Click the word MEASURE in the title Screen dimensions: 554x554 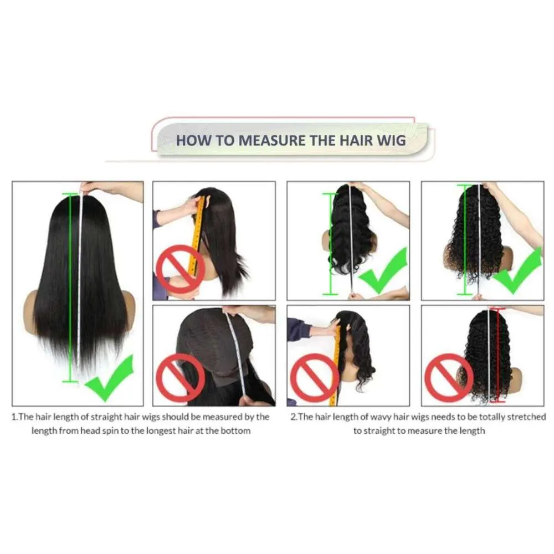[x=271, y=140]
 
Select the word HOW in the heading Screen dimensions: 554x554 [x=193, y=140]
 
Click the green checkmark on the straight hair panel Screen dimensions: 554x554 [x=110, y=377]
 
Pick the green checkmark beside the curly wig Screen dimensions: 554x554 [x=518, y=271]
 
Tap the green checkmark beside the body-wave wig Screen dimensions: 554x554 [x=383, y=271]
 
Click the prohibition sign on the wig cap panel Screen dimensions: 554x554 [x=181, y=378]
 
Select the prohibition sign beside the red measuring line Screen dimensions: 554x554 [x=449, y=378]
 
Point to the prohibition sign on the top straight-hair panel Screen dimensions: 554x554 [x=181, y=269]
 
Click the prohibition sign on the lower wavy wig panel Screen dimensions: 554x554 [x=315, y=378]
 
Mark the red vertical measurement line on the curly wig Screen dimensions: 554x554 [x=498, y=355]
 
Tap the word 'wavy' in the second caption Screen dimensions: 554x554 [x=382, y=418]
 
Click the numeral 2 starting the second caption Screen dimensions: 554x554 [x=293, y=417]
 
